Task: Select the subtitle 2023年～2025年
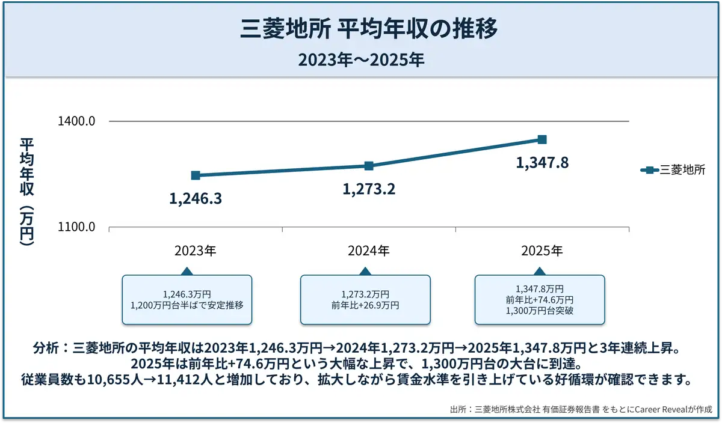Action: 361,60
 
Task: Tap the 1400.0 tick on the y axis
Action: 77,121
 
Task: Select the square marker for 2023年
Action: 196,175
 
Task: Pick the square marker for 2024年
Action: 369,166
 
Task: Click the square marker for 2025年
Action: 542,139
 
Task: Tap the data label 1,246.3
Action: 196,199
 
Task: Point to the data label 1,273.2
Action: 369,189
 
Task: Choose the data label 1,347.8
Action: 542,163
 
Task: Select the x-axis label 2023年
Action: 196,251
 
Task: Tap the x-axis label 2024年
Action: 369,251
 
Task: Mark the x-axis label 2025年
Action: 542,251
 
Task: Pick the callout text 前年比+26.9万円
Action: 365,305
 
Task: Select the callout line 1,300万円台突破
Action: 540,311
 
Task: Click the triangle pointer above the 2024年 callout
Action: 365,271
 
